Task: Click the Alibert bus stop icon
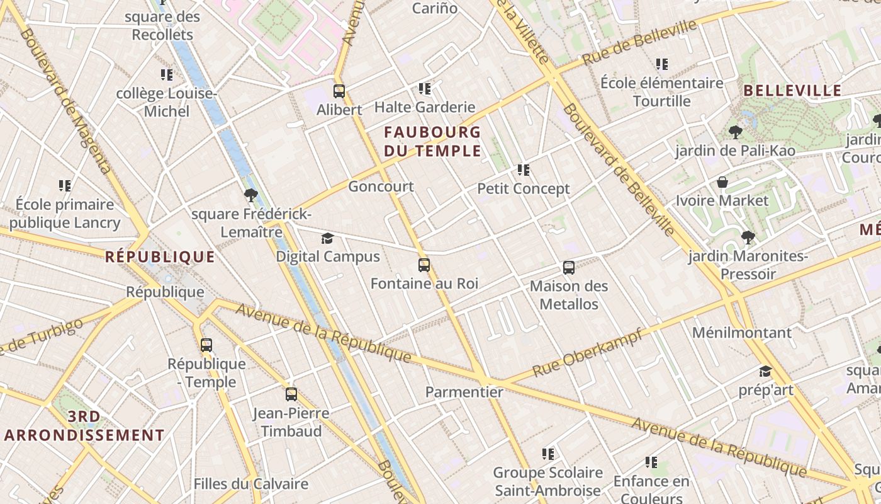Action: [x=339, y=91]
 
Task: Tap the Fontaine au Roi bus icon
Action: [x=424, y=265]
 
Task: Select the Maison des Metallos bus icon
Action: [x=569, y=268]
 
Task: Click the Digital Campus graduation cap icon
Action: [x=328, y=238]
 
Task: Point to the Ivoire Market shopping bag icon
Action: [x=722, y=183]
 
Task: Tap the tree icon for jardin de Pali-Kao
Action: [x=734, y=132]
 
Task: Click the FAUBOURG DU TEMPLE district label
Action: [x=432, y=142]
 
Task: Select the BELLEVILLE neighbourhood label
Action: [x=792, y=91]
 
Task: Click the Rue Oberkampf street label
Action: [x=586, y=353]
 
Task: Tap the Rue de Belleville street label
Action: [x=639, y=42]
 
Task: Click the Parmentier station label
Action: [x=464, y=392]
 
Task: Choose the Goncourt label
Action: [x=381, y=186]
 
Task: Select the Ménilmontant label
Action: [x=742, y=333]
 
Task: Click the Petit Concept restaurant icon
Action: [x=524, y=170]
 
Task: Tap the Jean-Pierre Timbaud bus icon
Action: [x=291, y=394]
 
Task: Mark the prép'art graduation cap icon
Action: [x=765, y=372]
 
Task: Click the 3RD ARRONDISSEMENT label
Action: [x=84, y=426]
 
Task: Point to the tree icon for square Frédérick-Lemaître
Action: [x=250, y=195]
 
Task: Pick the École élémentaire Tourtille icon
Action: [x=661, y=64]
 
